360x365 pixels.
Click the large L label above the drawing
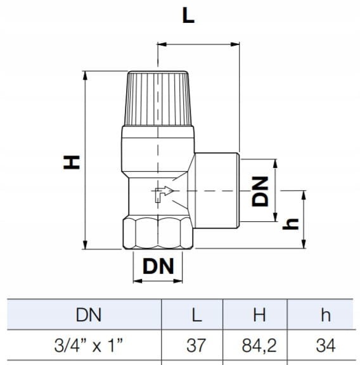(x=188, y=15)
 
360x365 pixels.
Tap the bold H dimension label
(x=72, y=162)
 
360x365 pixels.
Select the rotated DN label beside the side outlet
(x=260, y=191)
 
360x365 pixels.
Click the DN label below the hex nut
(x=158, y=266)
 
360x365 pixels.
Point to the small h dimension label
(x=290, y=224)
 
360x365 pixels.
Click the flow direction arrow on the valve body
(x=164, y=194)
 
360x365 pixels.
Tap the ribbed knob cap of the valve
(x=158, y=98)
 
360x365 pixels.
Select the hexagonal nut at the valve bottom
(x=158, y=233)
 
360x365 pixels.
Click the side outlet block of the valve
(x=216, y=190)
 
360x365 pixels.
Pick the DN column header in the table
(x=89, y=315)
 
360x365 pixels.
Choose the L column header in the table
(x=196, y=315)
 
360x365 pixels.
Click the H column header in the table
(x=259, y=315)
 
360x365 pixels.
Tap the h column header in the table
(x=326, y=315)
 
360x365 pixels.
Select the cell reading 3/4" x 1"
(x=89, y=345)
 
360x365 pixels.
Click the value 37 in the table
(x=196, y=345)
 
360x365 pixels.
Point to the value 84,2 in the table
(x=259, y=346)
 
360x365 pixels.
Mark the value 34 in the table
(x=326, y=345)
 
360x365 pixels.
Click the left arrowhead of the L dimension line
(x=162, y=44)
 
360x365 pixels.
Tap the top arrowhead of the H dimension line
(x=85, y=75)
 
